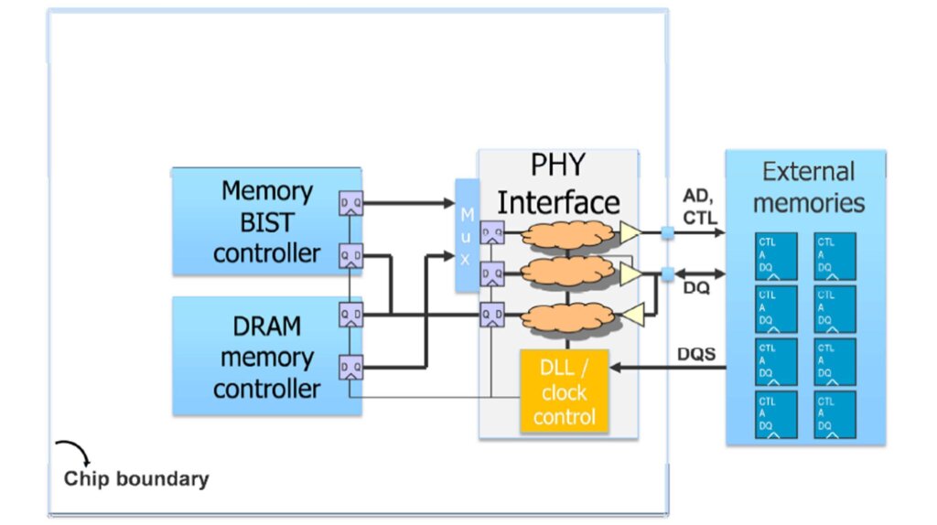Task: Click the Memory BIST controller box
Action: [x=265, y=221]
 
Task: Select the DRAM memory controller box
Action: [x=265, y=357]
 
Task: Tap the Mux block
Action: [x=467, y=235]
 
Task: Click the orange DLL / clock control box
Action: [x=565, y=392]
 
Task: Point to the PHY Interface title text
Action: [x=558, y=183]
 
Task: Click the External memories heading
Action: [x=807, y=186]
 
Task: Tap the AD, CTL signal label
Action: [x=700, y=207]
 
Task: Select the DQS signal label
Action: [x=697, y=353]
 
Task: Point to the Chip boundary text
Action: [x=136, y=478]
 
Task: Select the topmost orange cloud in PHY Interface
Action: [x=567, y=234]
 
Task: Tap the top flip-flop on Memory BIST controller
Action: [x=350, y=203]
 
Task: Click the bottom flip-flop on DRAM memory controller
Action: [x=350, y=368]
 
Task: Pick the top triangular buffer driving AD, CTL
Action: [x=630, y=234]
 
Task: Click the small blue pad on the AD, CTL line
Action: [x=668, y=234]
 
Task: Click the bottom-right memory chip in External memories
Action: [x=835, y=414]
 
